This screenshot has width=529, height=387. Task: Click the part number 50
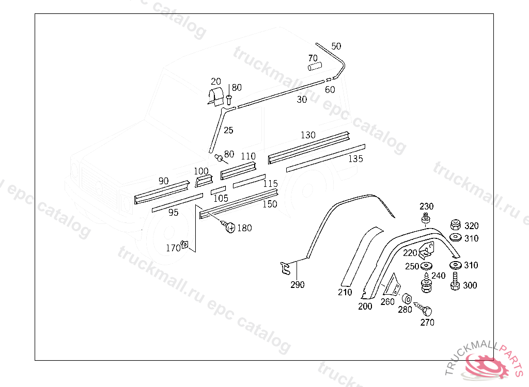point(336,46)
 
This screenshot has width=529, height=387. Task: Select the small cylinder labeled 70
point(315,66)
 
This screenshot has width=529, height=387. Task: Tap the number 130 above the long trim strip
point(308,135)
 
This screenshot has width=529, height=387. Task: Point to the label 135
point(355,159)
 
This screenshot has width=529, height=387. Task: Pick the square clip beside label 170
point(184,248)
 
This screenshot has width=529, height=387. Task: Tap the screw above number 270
point(426,311)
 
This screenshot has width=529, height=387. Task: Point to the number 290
point(298,285)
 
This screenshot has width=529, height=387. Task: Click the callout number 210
point(345,293)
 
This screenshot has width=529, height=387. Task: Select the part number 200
point(365,306)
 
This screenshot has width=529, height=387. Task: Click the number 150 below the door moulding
point(270,204)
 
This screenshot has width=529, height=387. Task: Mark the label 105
point(221,198)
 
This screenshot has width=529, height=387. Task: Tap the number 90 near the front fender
point(163,181)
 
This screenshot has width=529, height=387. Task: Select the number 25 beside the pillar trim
point(228,131)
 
